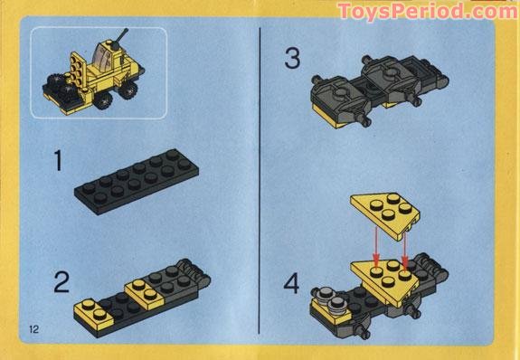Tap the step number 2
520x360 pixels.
61,282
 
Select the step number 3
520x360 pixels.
292,60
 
